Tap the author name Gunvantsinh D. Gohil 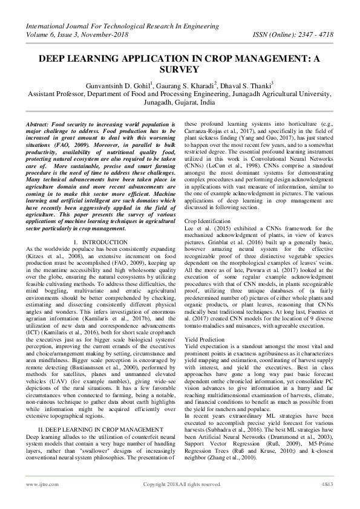(121, 83)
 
